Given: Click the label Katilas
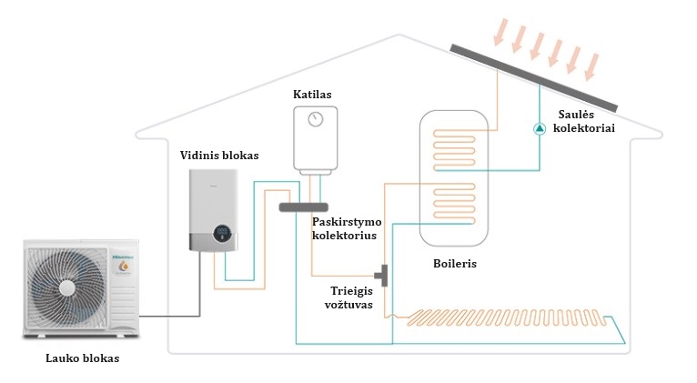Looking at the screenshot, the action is tap(312, 95).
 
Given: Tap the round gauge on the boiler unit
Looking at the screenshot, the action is tap(316, 119).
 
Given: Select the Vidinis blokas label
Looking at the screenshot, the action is tap(219, 156).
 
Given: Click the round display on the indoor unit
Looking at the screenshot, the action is tap(223, 233).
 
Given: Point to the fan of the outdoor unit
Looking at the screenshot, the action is tap(66, 288).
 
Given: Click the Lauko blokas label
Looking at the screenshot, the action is tap(83, 358).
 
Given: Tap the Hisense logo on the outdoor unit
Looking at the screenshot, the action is tap(123, 257).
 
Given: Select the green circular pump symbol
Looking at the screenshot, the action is tap(540, 128).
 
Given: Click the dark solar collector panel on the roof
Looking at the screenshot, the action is tap(533, 77).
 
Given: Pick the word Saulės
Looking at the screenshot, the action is tap(576, 115).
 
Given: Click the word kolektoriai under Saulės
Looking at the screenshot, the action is tap(583, 128).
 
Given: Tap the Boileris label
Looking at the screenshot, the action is tap(455, 264).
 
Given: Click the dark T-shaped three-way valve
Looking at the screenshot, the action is tap(382, 276).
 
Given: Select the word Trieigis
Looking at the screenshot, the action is tap(351, 291).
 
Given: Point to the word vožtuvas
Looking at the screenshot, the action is tap(348, 305).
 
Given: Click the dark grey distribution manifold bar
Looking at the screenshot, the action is tap(304, 207).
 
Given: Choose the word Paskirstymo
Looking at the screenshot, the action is tap(347, 222).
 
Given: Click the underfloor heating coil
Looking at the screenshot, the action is tap(507, 317).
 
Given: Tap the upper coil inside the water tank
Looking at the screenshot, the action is tap(454, 150).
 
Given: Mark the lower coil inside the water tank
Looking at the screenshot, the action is tap(454, 203).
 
